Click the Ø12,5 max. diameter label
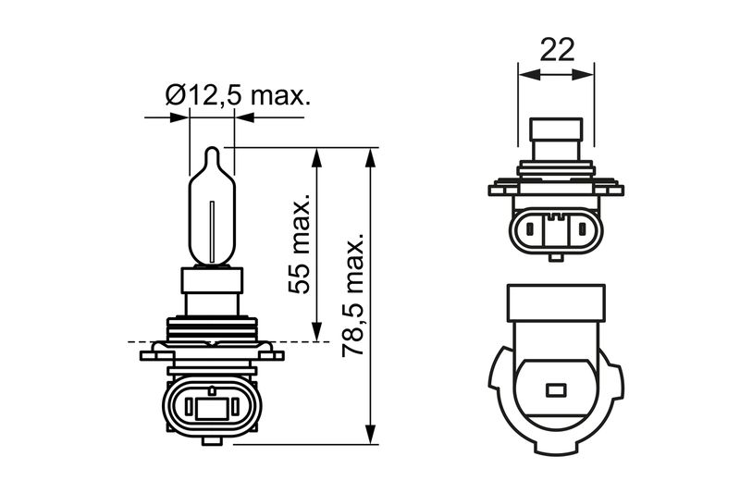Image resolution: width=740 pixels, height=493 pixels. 236,96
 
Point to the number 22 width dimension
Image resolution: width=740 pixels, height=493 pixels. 556,49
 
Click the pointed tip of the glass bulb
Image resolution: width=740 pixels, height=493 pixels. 212,151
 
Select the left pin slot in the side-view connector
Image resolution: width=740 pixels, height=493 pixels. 186,406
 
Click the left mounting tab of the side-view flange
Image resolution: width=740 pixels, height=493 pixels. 151,353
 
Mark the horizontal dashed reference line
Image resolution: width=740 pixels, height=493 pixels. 139,342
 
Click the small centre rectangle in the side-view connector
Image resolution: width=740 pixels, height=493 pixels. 210,406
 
